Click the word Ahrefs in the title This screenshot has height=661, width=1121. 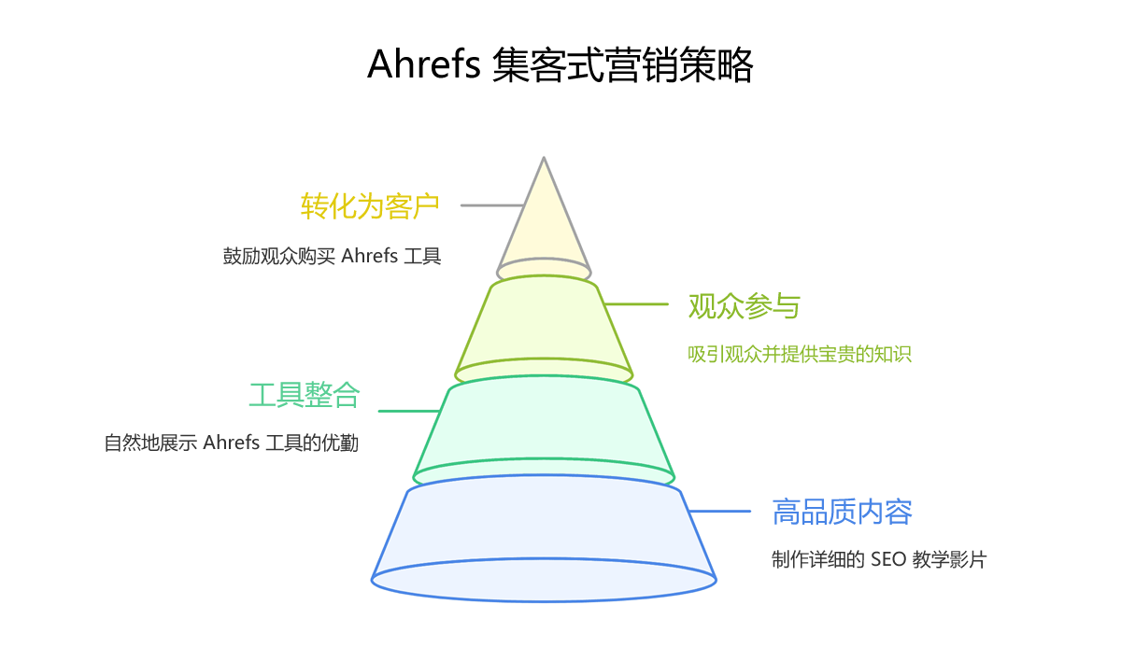click(x=423, y=65)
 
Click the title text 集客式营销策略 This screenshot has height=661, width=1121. click(x=621, y=65)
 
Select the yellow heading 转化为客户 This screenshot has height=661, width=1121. click(x=370, y=205)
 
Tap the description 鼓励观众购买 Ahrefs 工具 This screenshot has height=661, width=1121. click(x=332, y=256)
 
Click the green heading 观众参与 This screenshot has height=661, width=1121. click(x=745, y=305)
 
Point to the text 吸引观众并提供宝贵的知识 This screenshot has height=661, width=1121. click(x=799, y=355)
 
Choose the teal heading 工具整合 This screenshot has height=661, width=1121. click(x=305, y=395)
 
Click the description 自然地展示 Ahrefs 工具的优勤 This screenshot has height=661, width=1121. click(x=232, y=443)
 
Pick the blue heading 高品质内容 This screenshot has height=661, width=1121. click(x=842, y=512)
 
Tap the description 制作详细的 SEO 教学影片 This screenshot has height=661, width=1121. click(x=879, y=560)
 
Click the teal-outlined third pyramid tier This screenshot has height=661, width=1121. click(x=544, y=425)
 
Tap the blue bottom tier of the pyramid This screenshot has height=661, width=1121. click(x=544, y=532)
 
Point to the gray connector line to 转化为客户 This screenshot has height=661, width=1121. click(x=491, y=205)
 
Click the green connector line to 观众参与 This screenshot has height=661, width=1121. click(x=636, y=304)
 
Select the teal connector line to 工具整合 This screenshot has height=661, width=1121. click(x=408, y=411)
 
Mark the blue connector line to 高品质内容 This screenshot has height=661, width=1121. click(x=719, y=512)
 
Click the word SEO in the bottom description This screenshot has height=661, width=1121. click(x=888, y=560)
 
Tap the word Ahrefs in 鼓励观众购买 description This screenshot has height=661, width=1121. click(x=370, y=256)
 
